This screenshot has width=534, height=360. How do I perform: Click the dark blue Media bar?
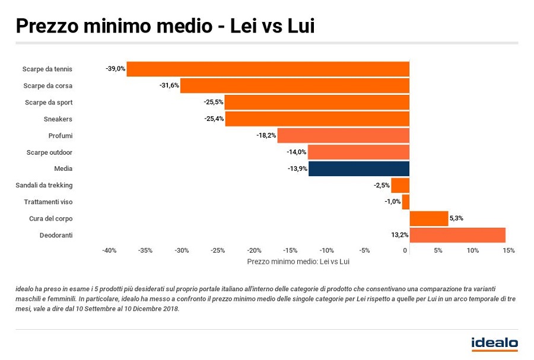[x=359, y=169]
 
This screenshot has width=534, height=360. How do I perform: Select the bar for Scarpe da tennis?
[x=268, y=69]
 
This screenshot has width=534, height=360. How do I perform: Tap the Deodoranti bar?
[x=457, y=235]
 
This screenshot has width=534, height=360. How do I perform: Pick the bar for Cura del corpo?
[x=429, y=219]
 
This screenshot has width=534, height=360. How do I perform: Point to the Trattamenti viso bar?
[x=406, y=202]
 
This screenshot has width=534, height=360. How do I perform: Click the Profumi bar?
[x=344, y=136]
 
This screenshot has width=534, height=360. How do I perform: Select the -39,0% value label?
[x=116, y=69]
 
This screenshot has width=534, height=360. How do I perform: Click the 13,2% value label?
[x=400, y=235]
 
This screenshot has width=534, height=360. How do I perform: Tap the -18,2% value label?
[x=266, y=136]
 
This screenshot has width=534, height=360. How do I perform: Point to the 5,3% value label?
[x=456, y=219]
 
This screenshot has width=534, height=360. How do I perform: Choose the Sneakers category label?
[x=58, y=119]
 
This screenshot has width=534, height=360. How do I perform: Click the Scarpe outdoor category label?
[x=49, y=152]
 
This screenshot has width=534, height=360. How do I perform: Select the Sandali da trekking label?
[x=44, y=186]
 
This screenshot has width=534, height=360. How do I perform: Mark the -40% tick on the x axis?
[x=109, y=250]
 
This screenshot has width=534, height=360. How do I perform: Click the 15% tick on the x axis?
[x=508, y=250]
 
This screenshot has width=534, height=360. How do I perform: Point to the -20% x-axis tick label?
[x=254, y=250]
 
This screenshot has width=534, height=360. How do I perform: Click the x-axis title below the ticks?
[x=298, y=262]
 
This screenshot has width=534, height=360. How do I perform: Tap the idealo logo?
[x=494, y=343]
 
